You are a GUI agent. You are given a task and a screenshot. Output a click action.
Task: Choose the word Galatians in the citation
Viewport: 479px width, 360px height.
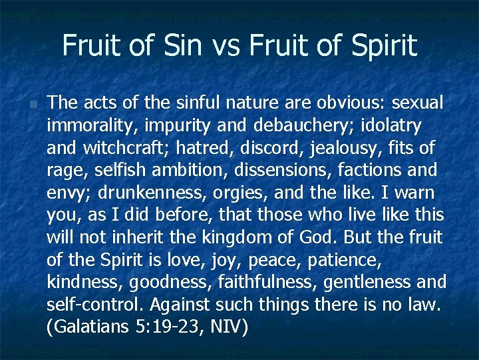click(x=92, y=329)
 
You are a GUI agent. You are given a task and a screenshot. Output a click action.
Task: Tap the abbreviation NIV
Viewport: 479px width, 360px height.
click(x=231, y=329)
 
